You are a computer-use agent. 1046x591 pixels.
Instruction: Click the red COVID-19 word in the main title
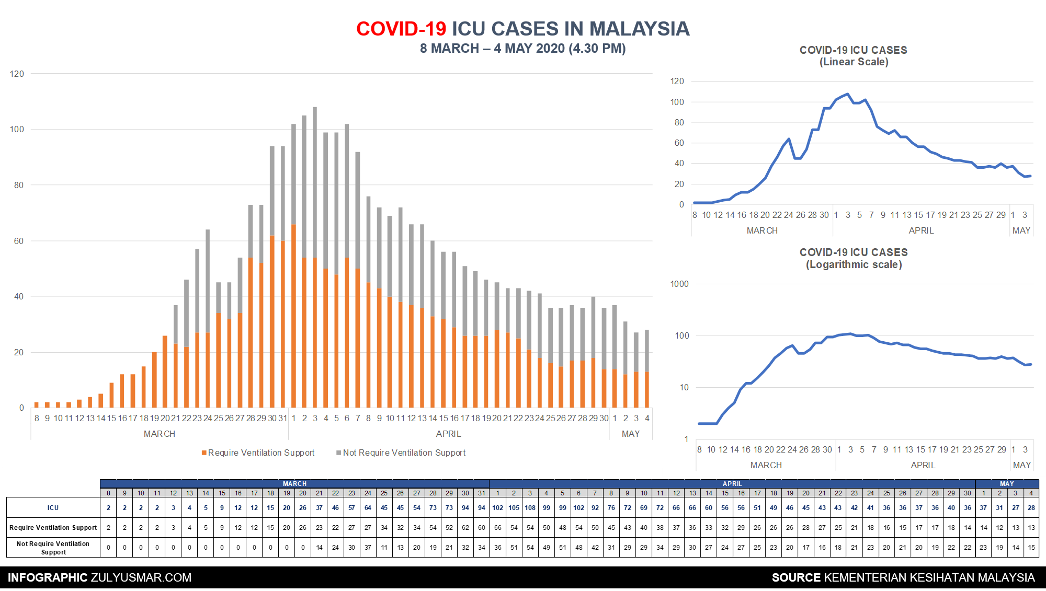tap(401, 29)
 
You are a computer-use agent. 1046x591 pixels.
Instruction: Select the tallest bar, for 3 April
tap(315, 258)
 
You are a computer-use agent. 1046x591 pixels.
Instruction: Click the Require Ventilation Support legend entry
tap(258, 453)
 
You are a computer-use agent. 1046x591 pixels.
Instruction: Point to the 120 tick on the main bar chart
tap(17, 74)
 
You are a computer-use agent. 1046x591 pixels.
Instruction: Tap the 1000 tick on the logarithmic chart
tap(679, 284)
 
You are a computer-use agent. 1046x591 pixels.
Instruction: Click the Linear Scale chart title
tap(854, 56)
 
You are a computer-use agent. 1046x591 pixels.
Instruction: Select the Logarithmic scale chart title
tap(854, 258)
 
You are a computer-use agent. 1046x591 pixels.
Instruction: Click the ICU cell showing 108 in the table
tap(530, 507)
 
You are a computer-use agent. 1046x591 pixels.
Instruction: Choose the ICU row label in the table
tap(53, 507)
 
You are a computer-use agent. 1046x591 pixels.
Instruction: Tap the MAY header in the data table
tap(1007, 484)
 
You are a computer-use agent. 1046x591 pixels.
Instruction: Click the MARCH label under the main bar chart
tap(160, 434)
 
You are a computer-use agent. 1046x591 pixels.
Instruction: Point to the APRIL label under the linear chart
tap(921, 230)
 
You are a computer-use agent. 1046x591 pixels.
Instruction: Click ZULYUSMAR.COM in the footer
tap(141, 577)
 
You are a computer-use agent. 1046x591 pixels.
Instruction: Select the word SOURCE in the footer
tap(796, 577)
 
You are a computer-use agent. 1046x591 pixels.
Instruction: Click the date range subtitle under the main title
tap(523, 49)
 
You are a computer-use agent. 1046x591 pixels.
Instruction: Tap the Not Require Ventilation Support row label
tap(53, 548)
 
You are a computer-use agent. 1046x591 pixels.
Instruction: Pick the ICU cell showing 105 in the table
tap(514, 507)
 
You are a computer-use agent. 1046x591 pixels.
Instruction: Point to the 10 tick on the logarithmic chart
tap(684, 387)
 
